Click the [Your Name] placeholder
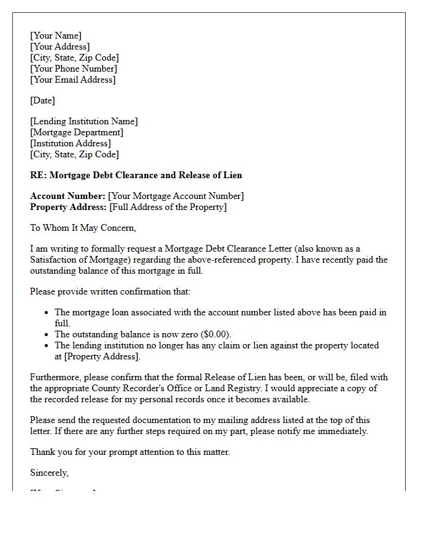(56, 36)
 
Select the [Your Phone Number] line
(74, 69)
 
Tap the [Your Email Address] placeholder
(72, 80)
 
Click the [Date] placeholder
(42, 100)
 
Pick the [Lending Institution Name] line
(84, 121)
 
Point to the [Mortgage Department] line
(77, 132)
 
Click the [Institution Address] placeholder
(70, 143)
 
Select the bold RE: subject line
(136, 175)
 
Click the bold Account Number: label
(67, 196)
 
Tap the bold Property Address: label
(68, 207)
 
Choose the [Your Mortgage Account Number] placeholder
(176, 196)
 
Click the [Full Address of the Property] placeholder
(168, 207)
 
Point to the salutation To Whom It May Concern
(83, 228)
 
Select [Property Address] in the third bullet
(102, 356)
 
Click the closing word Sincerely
(49, 473)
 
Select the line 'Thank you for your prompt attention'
(130, 452)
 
